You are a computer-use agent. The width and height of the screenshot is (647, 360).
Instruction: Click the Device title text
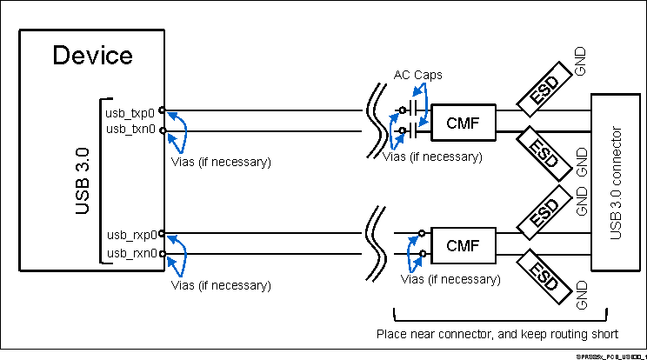93,57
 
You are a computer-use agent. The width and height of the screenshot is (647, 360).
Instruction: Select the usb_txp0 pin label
130,112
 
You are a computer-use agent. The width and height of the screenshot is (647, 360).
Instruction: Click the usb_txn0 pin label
130,129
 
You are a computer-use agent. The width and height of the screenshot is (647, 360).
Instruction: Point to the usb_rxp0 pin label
131,234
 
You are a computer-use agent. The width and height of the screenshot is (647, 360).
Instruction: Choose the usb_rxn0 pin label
131,253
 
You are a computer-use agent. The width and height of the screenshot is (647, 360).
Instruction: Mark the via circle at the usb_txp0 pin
163,111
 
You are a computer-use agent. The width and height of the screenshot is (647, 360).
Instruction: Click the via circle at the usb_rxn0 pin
163,253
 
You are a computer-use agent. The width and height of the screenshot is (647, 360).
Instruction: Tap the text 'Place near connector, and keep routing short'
497,334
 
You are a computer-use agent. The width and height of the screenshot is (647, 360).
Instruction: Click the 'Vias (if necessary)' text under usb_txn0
221,162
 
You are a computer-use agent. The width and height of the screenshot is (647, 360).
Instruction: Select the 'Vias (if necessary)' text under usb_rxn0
221,284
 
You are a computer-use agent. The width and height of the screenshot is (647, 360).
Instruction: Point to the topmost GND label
581,61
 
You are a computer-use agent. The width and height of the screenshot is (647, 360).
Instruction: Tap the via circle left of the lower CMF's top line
422,234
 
